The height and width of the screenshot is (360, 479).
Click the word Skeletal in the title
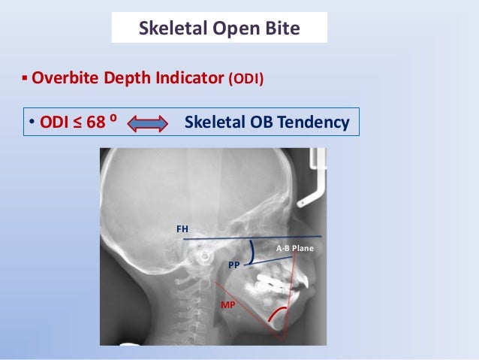tap(167, 29)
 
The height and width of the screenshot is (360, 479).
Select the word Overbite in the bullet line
tap(63, 77)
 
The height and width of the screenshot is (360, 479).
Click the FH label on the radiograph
tap(182, 228)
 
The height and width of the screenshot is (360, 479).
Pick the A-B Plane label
tap(295, 248)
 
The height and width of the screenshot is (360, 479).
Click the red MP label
tap(227, 305)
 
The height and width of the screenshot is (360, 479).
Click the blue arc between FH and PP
tap(253, 250)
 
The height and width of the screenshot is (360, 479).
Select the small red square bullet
tap(25, 78)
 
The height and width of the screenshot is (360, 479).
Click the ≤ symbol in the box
tap(77, 122)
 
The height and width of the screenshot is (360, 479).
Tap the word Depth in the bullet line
tap(125, 77)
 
